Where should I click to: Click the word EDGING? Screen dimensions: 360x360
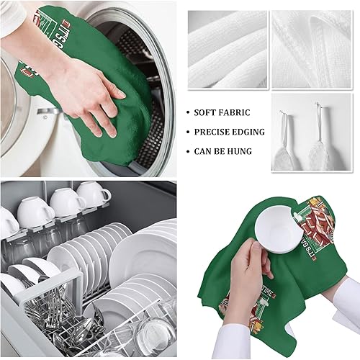(x=249, y=132)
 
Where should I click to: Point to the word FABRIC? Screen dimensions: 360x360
(x=237, y=114)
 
